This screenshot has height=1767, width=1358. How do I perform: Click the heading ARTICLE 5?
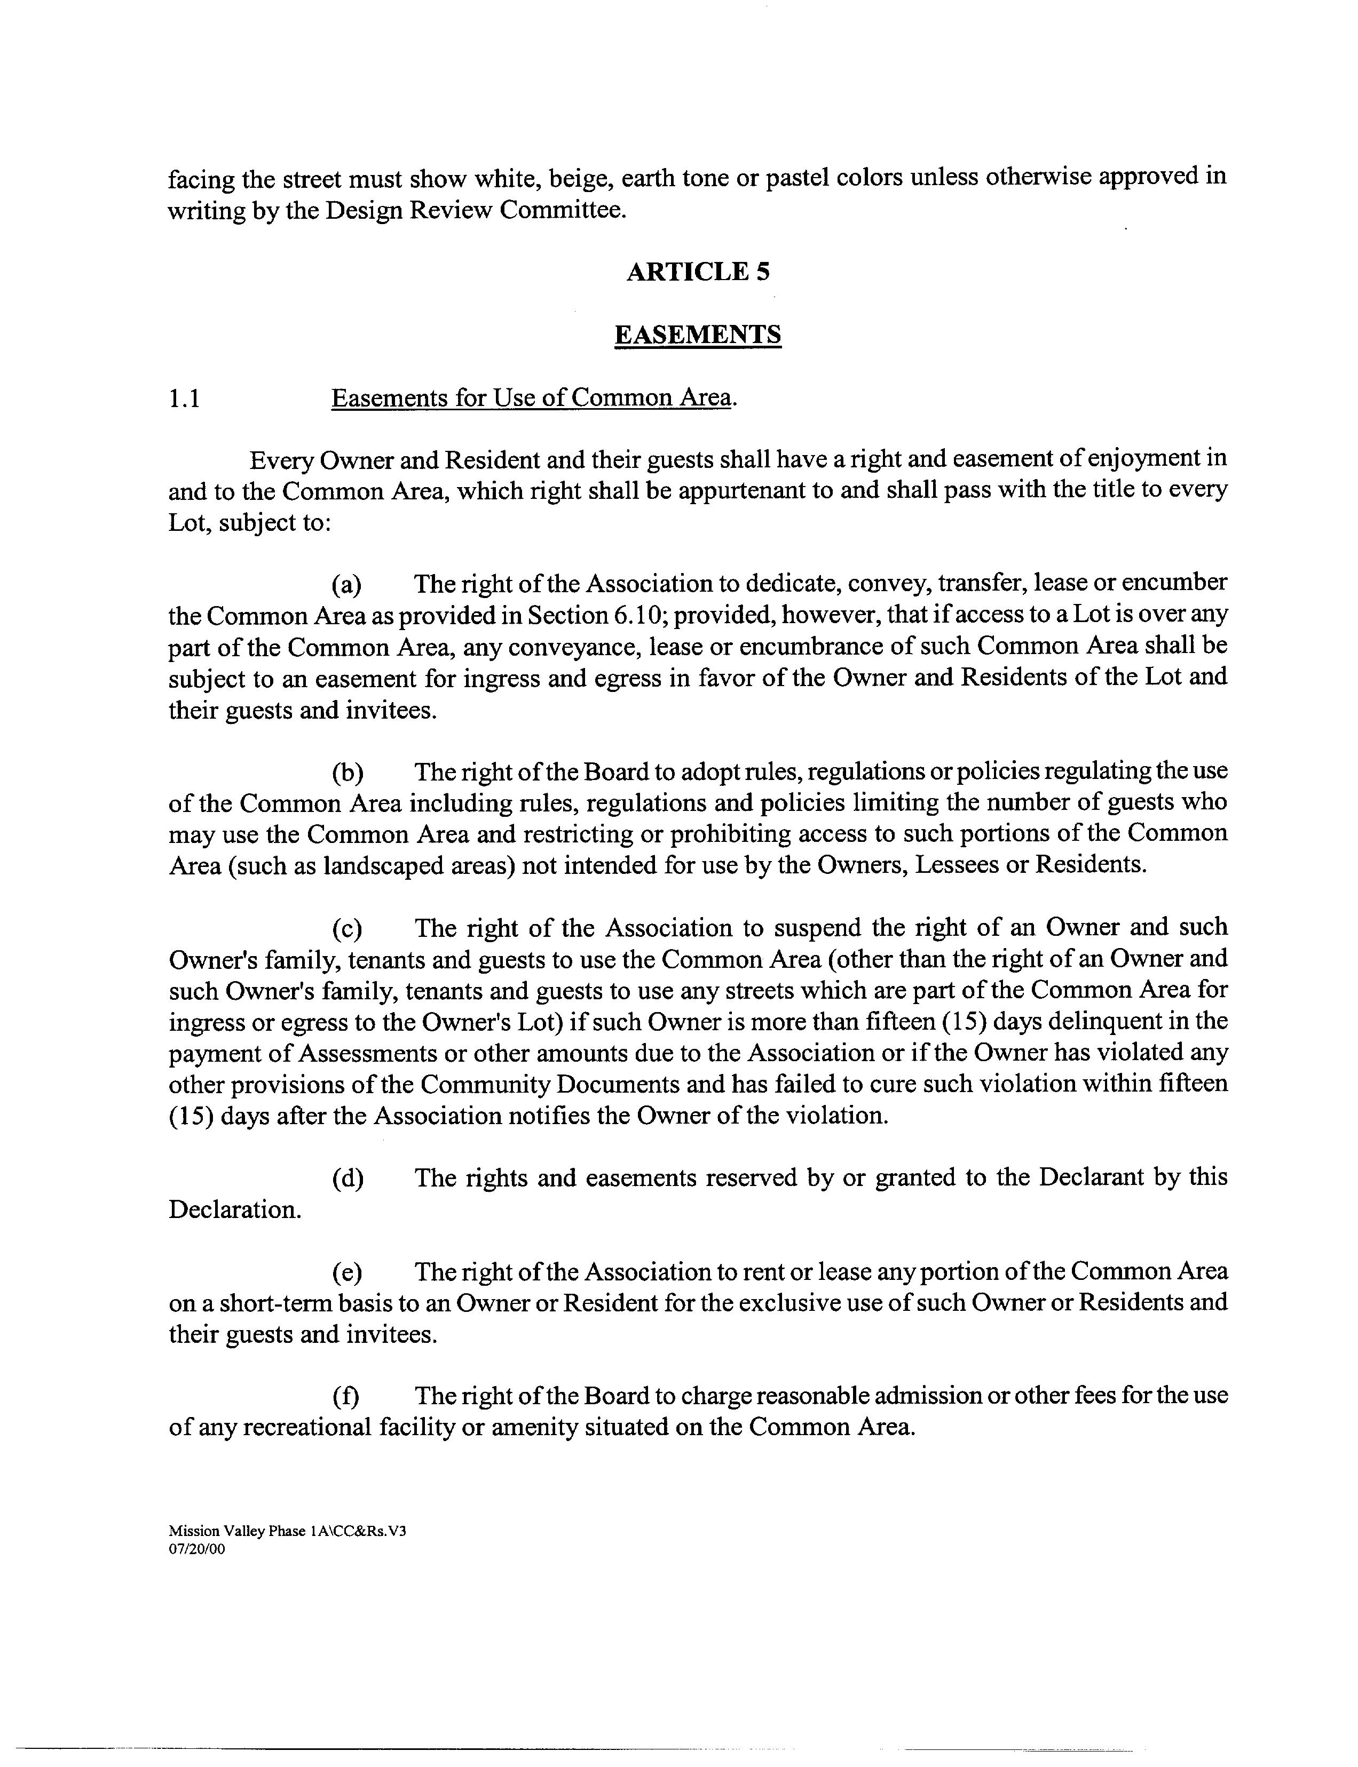698,272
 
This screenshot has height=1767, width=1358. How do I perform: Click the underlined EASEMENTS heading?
698,335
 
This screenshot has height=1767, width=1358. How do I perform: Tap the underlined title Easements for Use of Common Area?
531,399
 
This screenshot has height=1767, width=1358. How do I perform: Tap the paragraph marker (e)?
348,1272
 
